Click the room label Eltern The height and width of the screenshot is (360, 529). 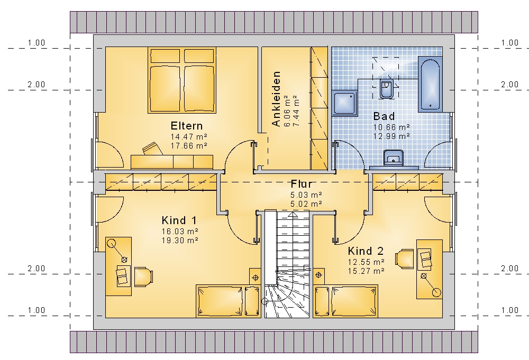187,126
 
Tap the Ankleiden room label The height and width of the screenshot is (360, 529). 276,98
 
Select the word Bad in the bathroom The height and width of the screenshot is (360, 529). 384,116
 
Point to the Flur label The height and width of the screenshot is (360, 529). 302,184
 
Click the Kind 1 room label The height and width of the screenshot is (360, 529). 179,220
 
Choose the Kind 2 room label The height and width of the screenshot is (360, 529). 366,251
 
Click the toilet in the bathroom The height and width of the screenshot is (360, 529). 386,88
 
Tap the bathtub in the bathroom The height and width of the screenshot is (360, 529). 430,84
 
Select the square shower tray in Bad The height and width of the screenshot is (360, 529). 344,104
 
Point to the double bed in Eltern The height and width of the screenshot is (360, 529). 182,80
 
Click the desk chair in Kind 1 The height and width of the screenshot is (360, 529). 143,277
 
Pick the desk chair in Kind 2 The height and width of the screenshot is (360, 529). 405,259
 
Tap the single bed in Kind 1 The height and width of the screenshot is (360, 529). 228,301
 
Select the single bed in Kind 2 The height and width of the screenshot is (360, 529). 346,301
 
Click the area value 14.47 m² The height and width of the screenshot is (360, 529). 189,136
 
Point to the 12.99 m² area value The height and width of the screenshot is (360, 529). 391,136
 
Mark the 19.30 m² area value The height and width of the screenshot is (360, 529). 180,241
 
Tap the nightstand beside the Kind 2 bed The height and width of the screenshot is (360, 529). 319,275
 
